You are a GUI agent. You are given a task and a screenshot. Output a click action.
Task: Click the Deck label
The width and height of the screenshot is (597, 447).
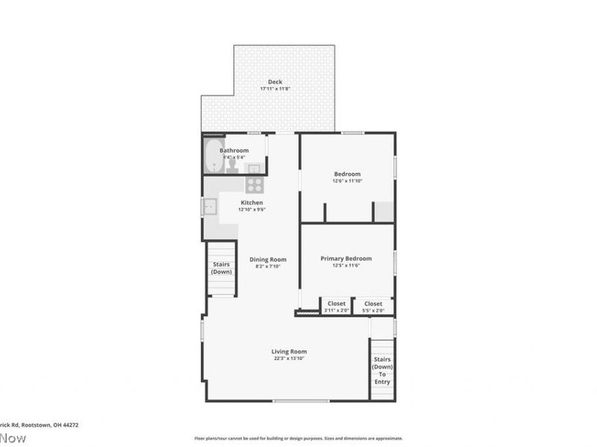pyautogui.click(x=275, y=82)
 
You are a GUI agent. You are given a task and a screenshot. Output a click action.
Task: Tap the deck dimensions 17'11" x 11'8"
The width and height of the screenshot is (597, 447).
pyautogui.click(x=275, y=89)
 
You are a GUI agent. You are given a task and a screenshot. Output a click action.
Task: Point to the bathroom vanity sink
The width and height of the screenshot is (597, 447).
pyautogui.click(x=254, y=168)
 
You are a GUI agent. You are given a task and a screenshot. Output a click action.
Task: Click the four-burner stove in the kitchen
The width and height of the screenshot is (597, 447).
pyautogui.click(x=254, y=184)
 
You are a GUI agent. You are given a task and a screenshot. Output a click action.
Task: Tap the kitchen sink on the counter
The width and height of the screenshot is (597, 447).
pyautogui.click(x=210, y=206)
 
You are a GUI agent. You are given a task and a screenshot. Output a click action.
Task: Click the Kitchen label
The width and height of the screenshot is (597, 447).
pyautogui.click(x=251, y=203)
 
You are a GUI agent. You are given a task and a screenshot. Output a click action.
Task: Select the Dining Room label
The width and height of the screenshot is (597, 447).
pyautogui.click(x=268, y=259)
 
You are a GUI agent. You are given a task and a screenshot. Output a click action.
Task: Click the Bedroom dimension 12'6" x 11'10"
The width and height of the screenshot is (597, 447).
pyautogui.click(x=347, y=181)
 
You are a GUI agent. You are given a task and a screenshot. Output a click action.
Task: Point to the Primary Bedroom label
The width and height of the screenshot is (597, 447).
pyautogui.click(x=346, y=259)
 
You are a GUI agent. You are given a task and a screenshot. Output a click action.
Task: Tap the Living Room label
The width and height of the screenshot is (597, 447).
pyautogui.click(x=289, y=352)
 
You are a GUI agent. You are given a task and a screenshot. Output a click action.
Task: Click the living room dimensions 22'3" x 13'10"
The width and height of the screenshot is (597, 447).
pyautogui.click(x=289, y=358)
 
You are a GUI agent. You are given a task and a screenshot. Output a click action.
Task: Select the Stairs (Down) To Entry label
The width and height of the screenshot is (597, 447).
pyautogui.click(x=382, y=370)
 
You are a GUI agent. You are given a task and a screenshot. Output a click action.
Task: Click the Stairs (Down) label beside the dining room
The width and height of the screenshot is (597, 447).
pyautogui.click(x=221, y=268)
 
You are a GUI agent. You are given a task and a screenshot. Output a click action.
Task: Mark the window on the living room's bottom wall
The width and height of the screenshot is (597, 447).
pyautogui.click(x=300, y=401)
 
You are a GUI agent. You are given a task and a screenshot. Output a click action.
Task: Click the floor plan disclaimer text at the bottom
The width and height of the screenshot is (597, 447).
pyautogui.click(x=298, y=439)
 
